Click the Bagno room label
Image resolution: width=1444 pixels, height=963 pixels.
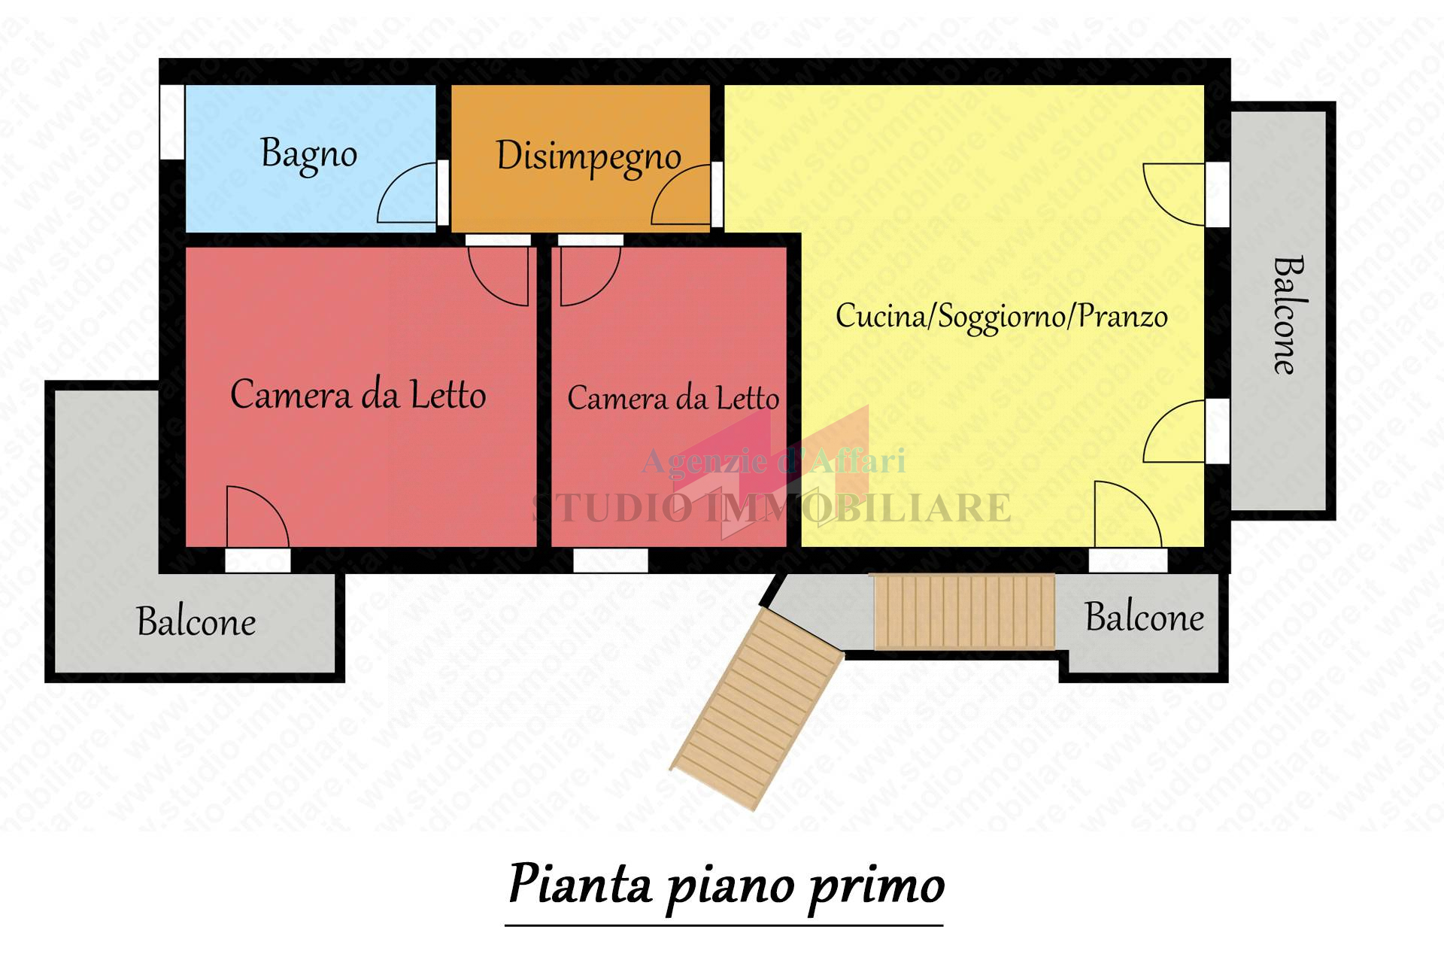pos(308,154)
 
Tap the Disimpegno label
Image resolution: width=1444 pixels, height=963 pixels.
pos(588,157)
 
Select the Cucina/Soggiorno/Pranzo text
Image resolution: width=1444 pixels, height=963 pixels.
pos(1001,316)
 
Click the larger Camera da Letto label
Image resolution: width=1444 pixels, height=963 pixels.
pos(358,395)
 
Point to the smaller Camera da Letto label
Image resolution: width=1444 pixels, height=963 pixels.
pos(672,398)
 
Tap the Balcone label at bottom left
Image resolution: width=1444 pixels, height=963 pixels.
pos(196,621)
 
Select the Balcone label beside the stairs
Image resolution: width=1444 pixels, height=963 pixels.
pos(1144,618)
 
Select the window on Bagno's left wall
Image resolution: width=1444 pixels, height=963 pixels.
pos(172,122)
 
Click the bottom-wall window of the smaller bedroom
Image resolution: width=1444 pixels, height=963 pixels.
pos(611,560)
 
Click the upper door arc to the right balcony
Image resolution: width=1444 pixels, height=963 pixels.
pos(1173,194)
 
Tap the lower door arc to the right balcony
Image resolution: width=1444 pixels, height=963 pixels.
pos(1174,431)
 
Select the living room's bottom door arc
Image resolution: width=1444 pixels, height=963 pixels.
pos(1127,513)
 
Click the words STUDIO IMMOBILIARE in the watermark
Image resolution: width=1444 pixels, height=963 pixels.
pos(772,508)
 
